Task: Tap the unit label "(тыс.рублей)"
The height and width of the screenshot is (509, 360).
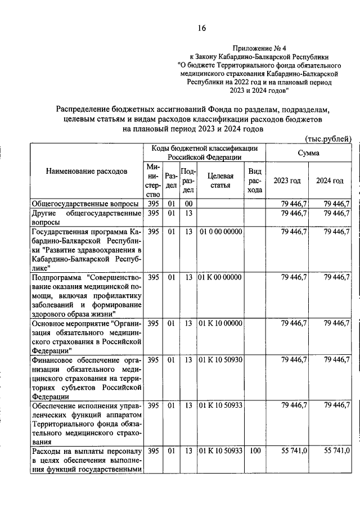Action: [x=328, y=138]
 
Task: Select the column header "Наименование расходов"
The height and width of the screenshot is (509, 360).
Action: [x=87, y=170]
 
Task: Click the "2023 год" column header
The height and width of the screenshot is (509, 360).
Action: [x=287, y=181]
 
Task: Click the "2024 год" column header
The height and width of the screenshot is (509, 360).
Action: [x=330, y=181]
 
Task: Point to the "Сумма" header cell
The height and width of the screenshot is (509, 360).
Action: [x=308, y=153]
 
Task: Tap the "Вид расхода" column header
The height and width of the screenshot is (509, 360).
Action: [x=254, y=181]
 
